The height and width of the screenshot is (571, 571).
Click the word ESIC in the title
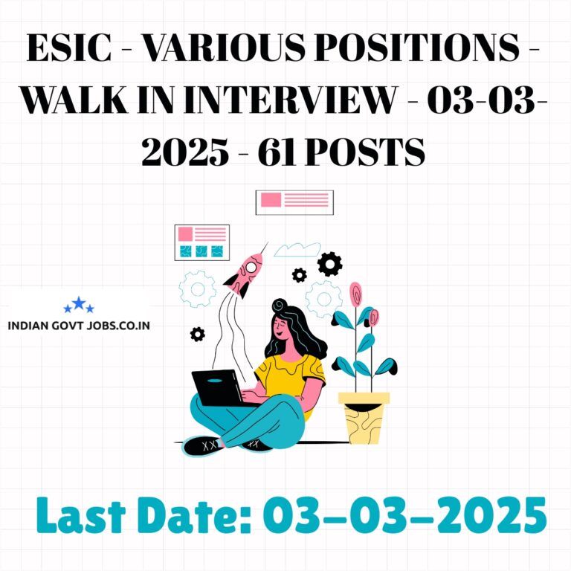coord(69,48)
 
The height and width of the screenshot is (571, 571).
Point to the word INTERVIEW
coord(290,100)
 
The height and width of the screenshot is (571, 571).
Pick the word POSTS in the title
coord(365,152)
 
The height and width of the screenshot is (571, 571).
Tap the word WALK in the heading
coord(74,100)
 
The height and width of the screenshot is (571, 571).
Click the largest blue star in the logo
coord(79,303)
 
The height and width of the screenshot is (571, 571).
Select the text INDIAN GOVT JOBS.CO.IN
coord(79,325)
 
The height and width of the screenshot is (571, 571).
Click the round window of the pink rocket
coord(251,268)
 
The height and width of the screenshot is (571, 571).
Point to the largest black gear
coord(329,264)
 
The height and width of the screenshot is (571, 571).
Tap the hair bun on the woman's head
coord(280,306)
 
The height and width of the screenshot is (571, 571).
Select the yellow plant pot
coord(364,418)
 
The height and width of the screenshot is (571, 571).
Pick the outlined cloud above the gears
coord(297,250)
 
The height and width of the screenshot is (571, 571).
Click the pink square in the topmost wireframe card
coord(271,199)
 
